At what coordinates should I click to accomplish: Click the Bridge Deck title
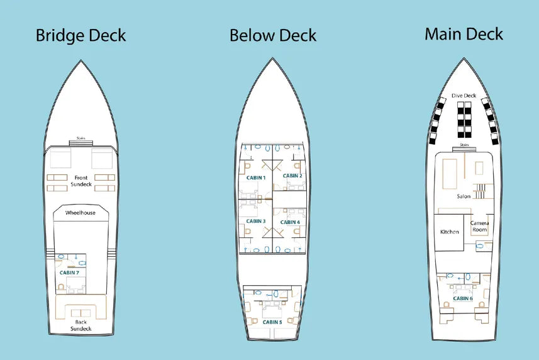coord(81,35)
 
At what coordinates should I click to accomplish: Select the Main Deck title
coord(464,34)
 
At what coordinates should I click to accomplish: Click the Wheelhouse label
coord(81,213)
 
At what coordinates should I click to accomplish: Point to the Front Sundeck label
coord(81,181)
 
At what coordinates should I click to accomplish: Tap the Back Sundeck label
coord(81,325)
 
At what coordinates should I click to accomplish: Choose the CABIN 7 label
coord(69,273)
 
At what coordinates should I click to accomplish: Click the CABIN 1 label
coord(255,177)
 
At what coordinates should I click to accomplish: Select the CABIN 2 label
coord(292,176)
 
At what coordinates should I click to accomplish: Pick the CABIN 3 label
coord(255,221)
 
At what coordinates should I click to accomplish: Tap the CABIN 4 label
coord(290,222)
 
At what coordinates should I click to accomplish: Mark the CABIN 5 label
coord(272,322)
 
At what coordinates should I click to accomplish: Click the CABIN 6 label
coord(462,298)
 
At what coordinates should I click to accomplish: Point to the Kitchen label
coord(449,232)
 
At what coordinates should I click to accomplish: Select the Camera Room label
coord(480,227)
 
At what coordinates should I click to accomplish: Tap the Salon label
coord(464,196)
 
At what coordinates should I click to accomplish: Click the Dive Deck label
coord(464,96)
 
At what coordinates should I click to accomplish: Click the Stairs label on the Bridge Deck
coord(81,138)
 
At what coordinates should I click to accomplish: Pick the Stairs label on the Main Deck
coord(464,145)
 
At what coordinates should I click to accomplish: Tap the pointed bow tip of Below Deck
coord(272,59)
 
